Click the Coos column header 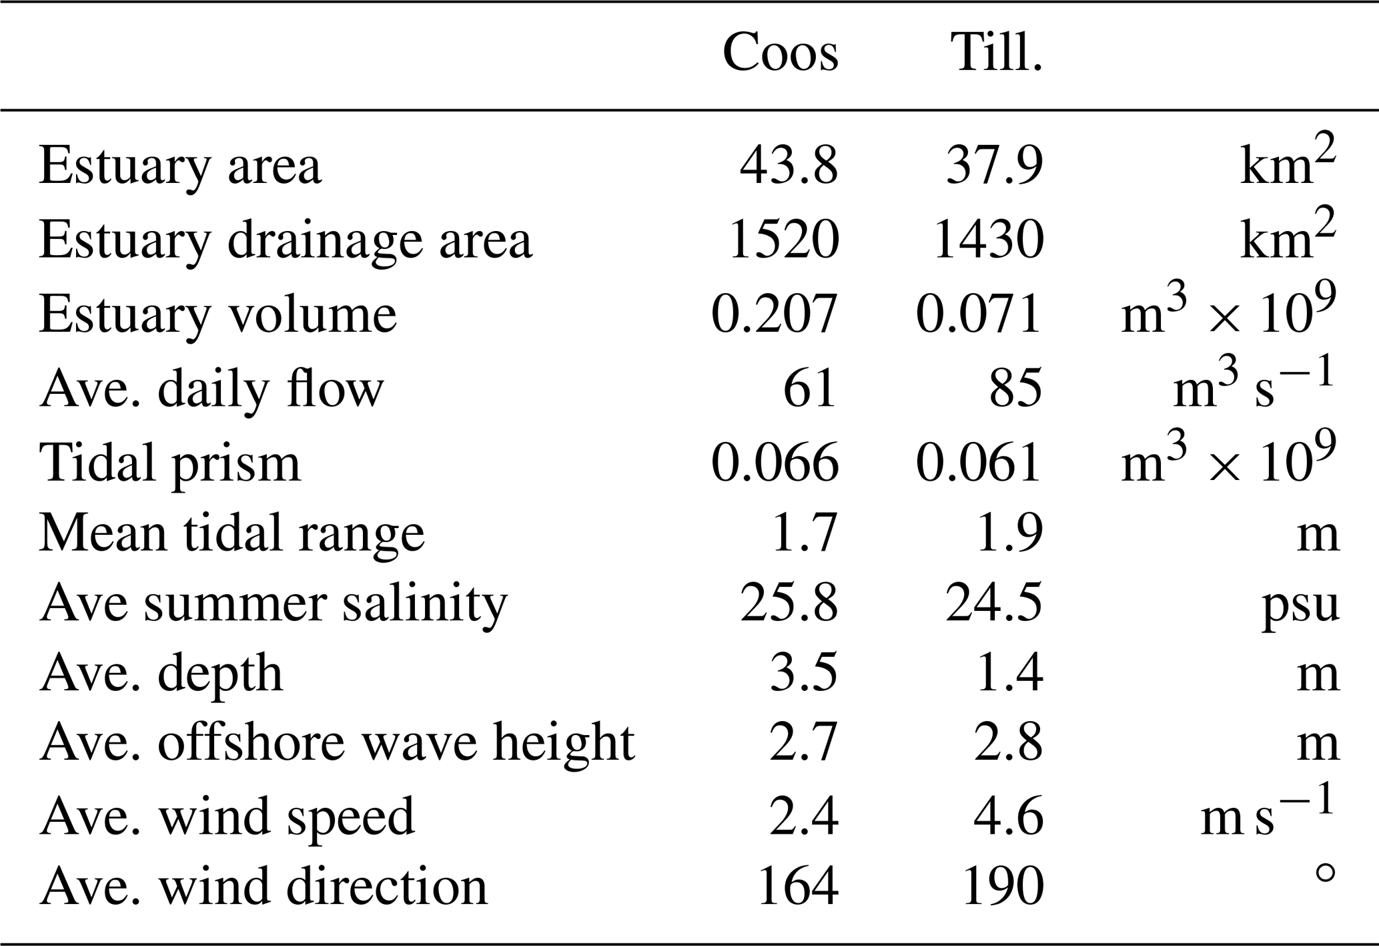pyautogui.click(x=780, y=53)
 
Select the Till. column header pyautogui.click(x=997, y=53)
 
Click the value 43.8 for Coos pyautogui.click(x=788, y=166)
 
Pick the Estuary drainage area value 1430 pyautogui.click(x=988, y=239)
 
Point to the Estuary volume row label pyautogui.click(x=217, y=314)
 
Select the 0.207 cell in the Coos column pyautogui.click(x=775, y=313)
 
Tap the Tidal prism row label pyautogui.click(x=169, y=462)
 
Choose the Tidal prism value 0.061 pyautogui.click(x=978, y=461)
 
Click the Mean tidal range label pyautogui.click(x=232, y=533)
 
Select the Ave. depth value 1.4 pyautogui.click(x=1008, y=674)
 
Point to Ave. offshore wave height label pyautogui.click(x=337, y=742)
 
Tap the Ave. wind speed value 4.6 pyautogui.click(x=1008, y=816)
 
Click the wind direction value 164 pyautogui.click(x=798, y=886)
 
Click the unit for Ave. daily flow pyautogui.click(x=1254, y=389)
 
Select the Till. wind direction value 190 pyautogui.click(x=1003, y=886)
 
